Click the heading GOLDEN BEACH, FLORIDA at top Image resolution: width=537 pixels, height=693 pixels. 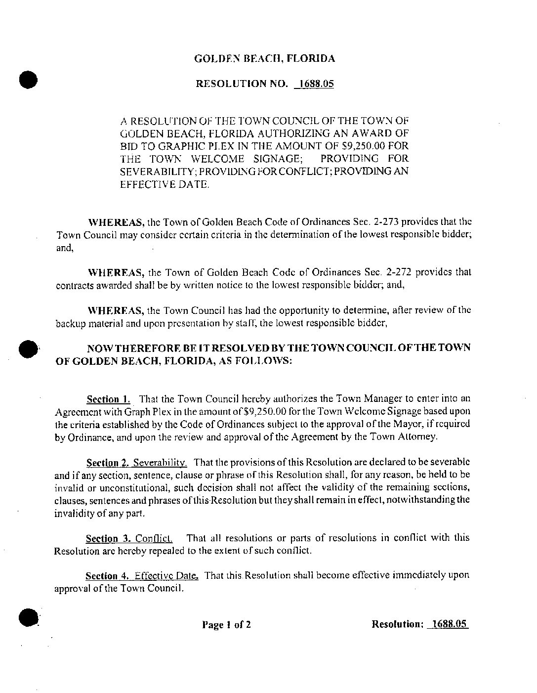pyautogui.click(x=264, y=59)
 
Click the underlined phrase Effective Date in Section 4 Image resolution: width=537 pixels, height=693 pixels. pyautogui.click(x=166, y=575)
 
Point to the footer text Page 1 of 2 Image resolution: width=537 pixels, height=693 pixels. pyautogui.click(x=226, y=624)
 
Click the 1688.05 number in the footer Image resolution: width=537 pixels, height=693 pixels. pyautogui.click(x=448, y=624)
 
